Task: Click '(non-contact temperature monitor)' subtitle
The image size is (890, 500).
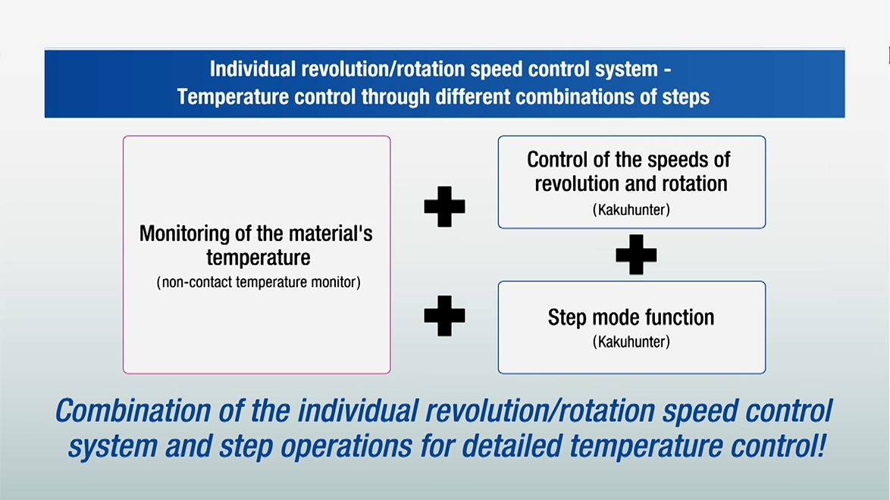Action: coord(259,282)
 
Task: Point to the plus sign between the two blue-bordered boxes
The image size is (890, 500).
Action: coord(636,255)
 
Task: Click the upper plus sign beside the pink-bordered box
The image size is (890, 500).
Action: coord(444,207)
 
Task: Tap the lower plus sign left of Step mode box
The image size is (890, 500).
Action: coord(444,316)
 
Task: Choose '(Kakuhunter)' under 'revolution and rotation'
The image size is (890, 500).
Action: coord(631,210)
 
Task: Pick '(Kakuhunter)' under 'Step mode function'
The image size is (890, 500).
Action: coord(631,342)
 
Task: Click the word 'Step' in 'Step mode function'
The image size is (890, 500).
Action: coord(567,318)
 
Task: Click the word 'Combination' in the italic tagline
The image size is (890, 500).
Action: coord(133,411)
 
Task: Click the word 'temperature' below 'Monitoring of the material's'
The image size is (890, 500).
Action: coord(259,258)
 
